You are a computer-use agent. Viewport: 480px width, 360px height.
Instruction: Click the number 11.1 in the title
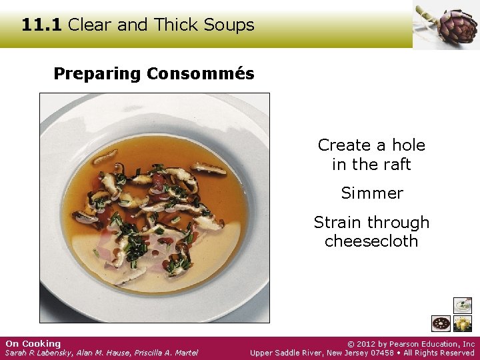coord(41,25)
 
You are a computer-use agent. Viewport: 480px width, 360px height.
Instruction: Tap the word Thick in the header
coord(178,25)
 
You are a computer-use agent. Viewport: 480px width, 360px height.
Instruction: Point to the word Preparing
coord(97,75)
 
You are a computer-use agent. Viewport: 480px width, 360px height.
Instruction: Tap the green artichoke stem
coord(427,15)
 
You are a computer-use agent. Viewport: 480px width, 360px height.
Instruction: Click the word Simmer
coord(372,193)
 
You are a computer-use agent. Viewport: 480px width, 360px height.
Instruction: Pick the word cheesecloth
coord(371,241)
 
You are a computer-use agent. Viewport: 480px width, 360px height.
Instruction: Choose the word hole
coord(408,145)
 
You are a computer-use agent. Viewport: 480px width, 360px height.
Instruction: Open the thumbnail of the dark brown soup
coord(441,324)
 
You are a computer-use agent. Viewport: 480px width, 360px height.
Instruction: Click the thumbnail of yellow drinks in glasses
coord(462,324)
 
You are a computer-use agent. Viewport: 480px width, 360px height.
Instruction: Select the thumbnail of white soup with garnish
coord(462,305)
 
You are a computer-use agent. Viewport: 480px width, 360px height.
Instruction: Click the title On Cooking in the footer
coord(33,344)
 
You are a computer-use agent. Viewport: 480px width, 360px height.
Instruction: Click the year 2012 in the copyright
coord(369,344)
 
